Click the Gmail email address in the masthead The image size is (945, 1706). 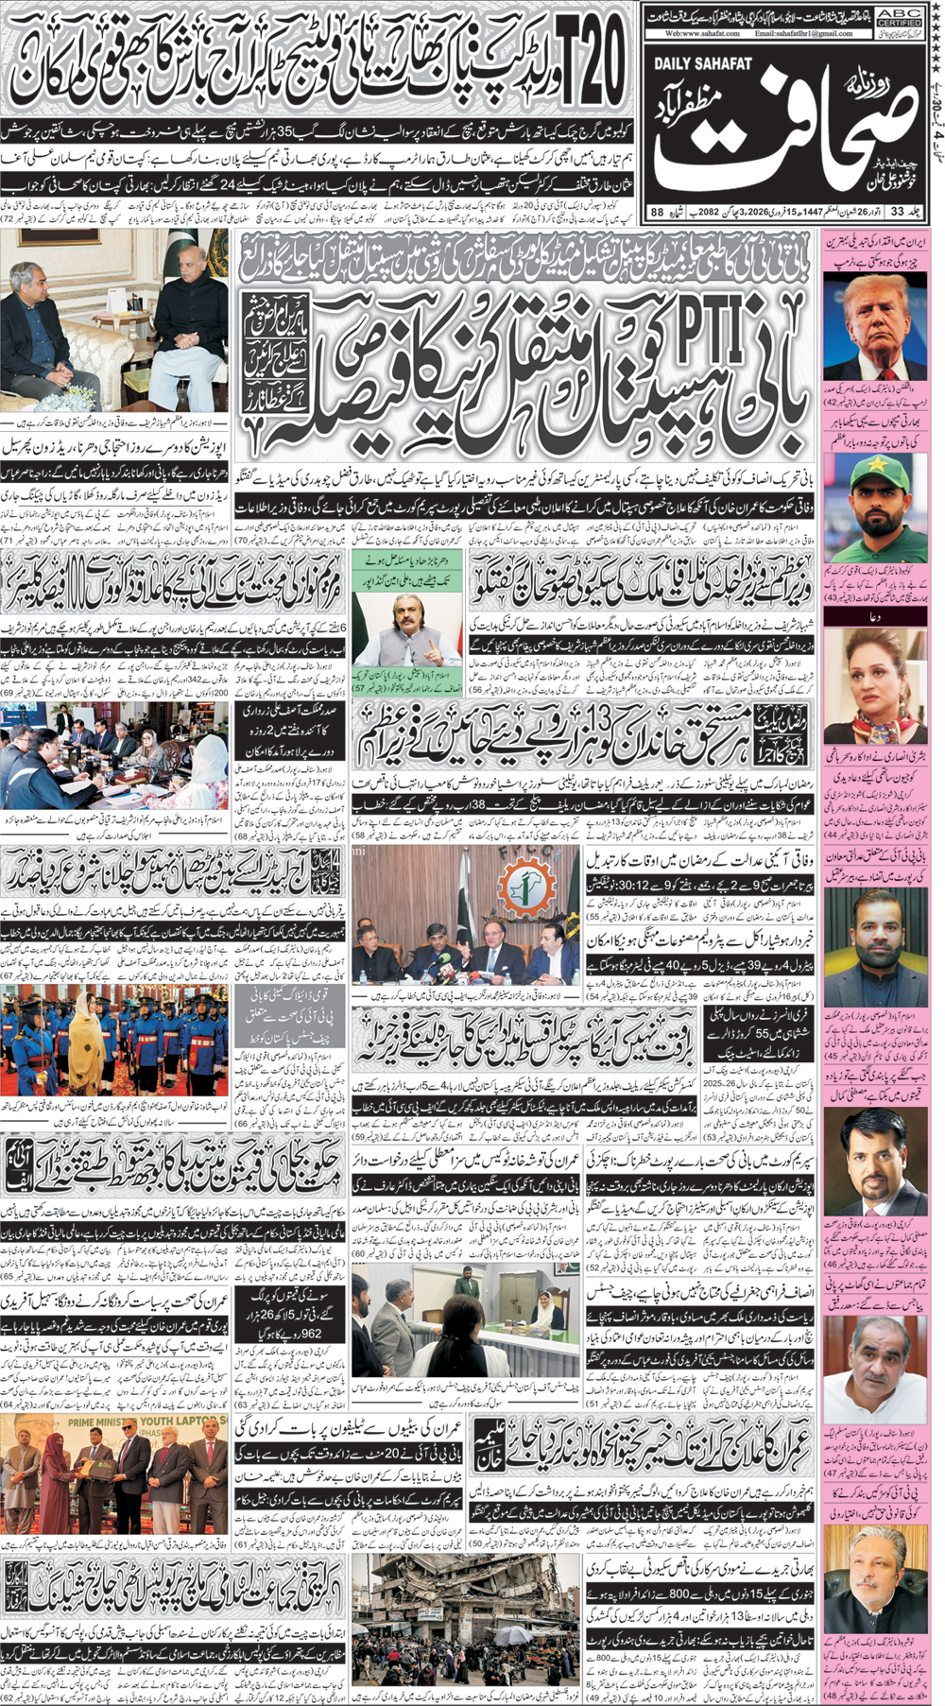(803, 33)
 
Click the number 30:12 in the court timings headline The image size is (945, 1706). (664, 884)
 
